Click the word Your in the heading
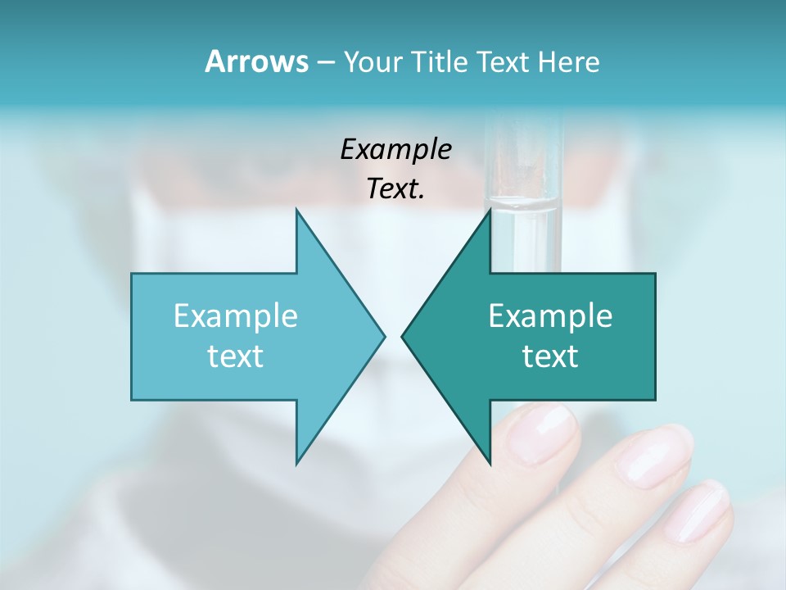373,62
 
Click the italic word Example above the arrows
395,150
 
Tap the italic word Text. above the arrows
395,188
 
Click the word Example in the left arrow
236,316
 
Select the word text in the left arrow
236,356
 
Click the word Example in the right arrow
550,316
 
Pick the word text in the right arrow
550,356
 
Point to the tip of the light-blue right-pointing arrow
384,336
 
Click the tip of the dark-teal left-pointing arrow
403,336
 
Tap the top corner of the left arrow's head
297,211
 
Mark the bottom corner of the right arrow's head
490,463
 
